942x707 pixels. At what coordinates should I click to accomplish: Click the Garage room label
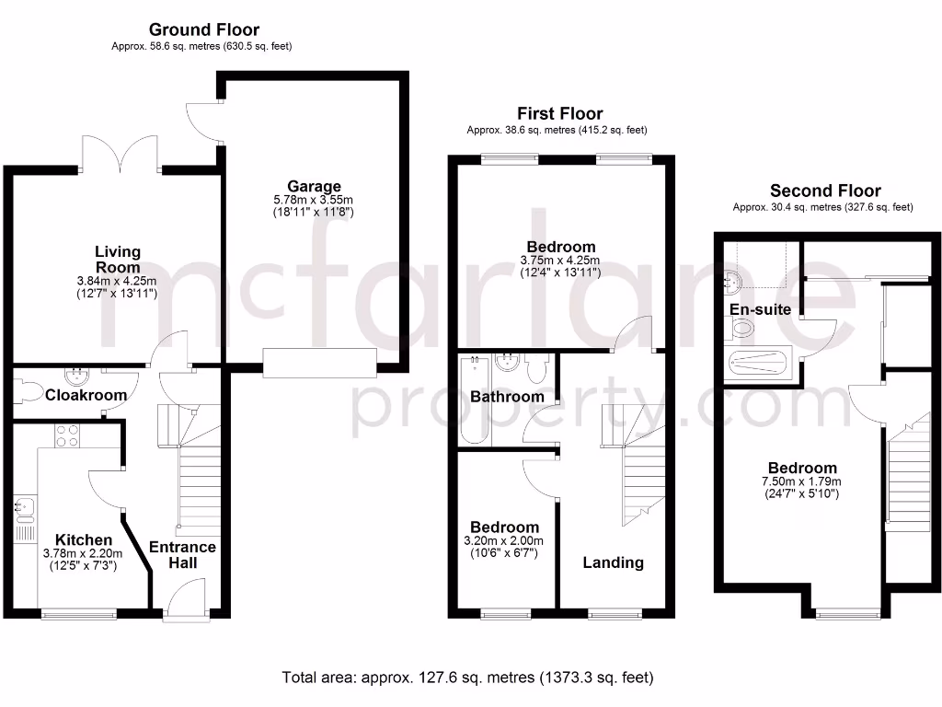313,186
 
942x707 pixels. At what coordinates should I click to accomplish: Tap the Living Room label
118,259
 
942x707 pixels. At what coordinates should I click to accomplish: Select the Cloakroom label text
86,395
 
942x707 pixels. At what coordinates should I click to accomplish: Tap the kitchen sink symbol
24,507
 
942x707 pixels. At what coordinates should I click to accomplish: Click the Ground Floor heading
204,30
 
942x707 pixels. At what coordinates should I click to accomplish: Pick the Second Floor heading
824,191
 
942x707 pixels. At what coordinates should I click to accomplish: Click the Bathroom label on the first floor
507,397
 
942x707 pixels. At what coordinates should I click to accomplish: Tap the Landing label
613,562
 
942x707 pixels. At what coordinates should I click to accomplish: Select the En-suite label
760,309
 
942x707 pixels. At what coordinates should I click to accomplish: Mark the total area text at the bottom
467,678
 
